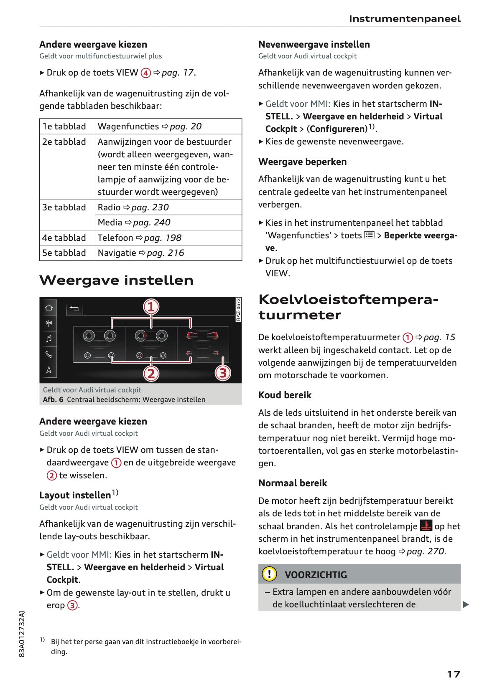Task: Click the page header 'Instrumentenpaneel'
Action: [x=404, y=19]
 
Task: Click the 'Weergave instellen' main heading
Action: [x=116, y=280]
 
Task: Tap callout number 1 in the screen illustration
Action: [x=151, y=307]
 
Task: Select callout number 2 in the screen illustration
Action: [x=151, y=373]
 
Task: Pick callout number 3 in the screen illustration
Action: [x=222, y=373]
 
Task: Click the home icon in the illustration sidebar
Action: [x=49, y=308]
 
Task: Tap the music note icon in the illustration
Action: [x=49, y=339]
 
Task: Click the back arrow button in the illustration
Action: [x=74, y=308]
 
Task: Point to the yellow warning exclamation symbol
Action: [x=269, y=574]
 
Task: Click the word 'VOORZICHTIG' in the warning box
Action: [x=316, y=575]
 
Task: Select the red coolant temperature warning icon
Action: [x=426, y=526]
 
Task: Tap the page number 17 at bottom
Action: [x=453, y=674]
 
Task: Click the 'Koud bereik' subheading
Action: [x=285, y=395]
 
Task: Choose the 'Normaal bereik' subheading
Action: [x=293, y=483]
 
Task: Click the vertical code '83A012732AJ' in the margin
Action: [x=22, y=634]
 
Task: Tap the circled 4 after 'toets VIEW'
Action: [x=145, y=73]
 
